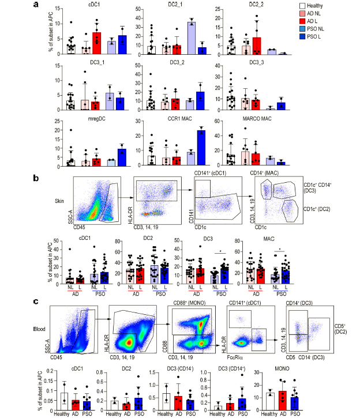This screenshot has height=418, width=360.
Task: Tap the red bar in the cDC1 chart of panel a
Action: (x=97, y=43)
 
